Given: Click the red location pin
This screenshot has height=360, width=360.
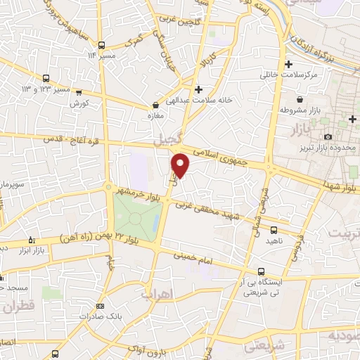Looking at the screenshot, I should (181, 166).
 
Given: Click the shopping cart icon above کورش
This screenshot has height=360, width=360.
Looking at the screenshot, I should (79, 91).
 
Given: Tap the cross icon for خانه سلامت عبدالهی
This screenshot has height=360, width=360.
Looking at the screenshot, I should (199, 89).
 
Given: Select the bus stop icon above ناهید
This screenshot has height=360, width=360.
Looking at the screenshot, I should (274, 229).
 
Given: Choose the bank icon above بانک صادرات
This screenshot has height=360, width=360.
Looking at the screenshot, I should (101, 306).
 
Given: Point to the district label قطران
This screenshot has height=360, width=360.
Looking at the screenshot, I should (18, 307).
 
